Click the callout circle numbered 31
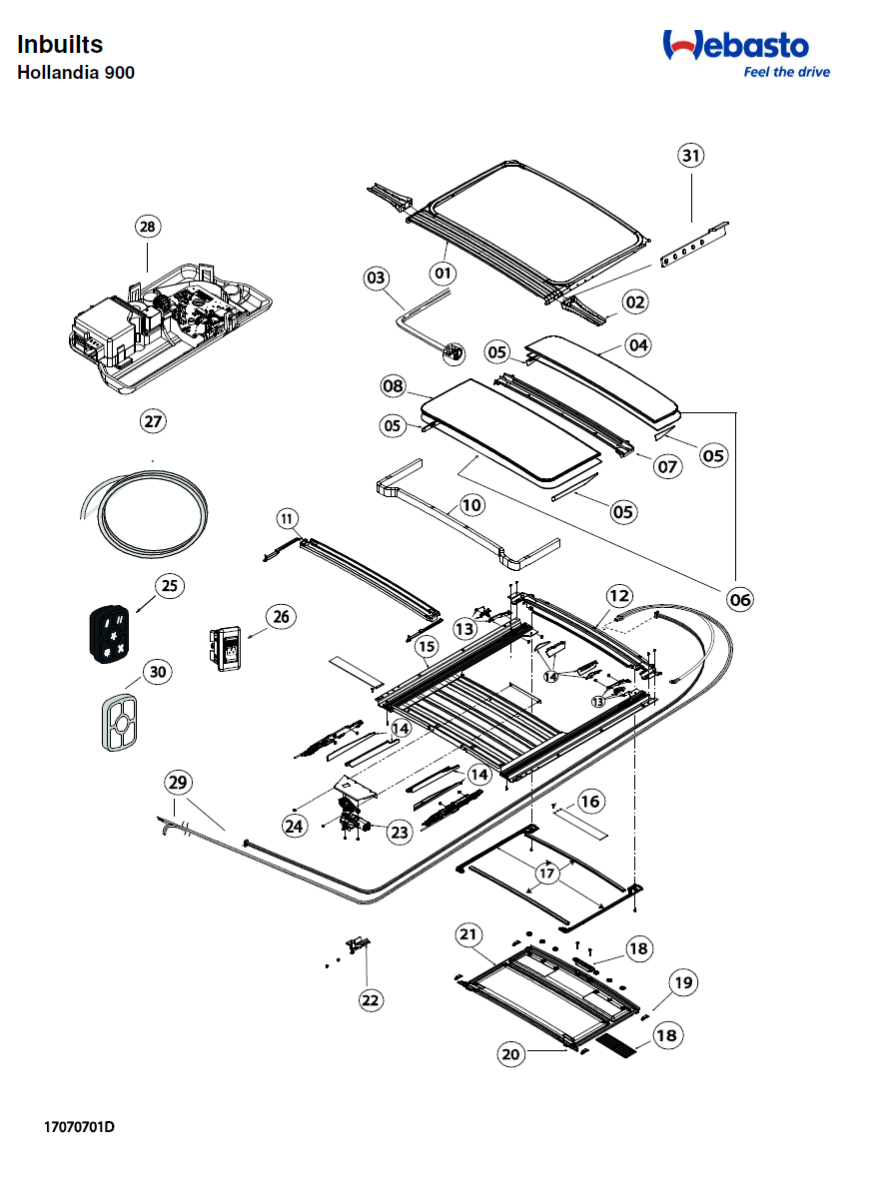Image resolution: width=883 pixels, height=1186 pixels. [690, 155]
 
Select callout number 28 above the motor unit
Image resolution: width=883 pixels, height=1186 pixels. [148, 227]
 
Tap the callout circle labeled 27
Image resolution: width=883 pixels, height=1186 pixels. [152, 421]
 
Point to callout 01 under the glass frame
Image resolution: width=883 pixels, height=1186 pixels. [442, 272]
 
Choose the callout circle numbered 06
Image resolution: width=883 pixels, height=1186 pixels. [740, 599]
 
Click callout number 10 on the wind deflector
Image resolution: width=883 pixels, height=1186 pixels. [471, 505]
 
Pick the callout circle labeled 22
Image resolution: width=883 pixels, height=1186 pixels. [371, 999]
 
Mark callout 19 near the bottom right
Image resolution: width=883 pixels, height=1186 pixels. [683, 982]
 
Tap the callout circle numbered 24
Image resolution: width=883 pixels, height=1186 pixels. [294, 826]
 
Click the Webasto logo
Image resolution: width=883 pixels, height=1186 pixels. [736, 45]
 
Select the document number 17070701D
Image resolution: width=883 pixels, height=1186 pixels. [79, 1128]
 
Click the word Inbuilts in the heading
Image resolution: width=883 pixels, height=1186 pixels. [60, 45]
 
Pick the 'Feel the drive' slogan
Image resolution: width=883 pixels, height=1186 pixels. [786, 73]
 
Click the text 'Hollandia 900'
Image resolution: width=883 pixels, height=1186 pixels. [76, 73]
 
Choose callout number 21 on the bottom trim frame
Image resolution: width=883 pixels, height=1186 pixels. [468, 934]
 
